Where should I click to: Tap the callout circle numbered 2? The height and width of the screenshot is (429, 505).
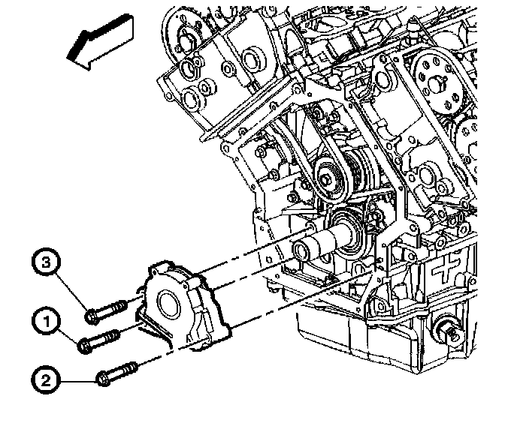point(47,381)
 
